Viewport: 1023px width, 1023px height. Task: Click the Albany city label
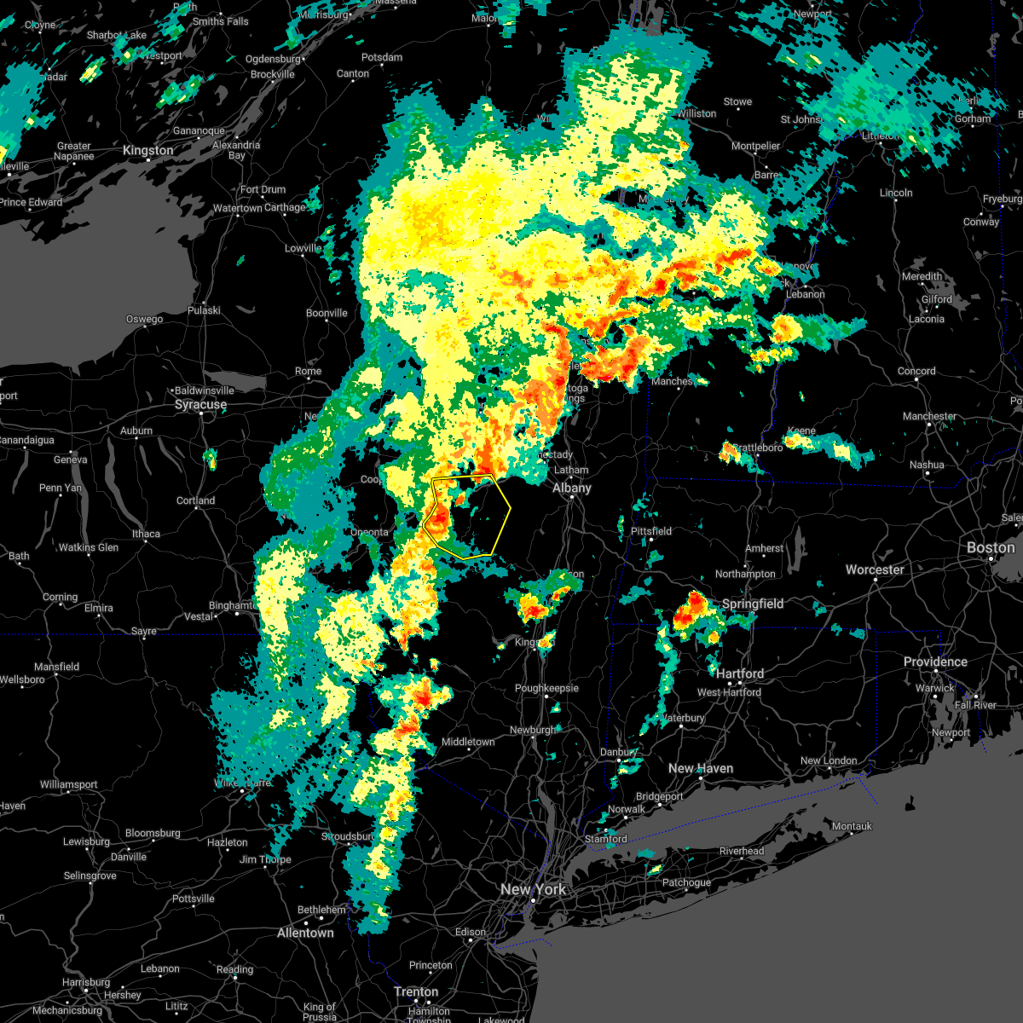click(571, 488)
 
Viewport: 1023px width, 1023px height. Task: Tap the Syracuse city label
click(200, 405)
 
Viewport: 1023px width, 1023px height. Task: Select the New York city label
click(533, 889)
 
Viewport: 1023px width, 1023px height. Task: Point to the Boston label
click(990, 547)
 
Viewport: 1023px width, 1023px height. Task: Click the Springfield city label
click(752, 604)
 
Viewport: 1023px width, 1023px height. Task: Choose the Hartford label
click(740, 673)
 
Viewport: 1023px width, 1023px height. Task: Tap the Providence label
click(935, 662)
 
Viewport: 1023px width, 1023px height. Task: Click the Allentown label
click(305, 933)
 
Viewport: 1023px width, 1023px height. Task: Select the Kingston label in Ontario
click(147, 150)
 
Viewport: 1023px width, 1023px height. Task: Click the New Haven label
click(701, 768)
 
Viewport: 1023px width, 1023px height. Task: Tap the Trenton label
click(416, 992)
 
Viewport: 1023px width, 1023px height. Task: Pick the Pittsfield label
click(650, 531)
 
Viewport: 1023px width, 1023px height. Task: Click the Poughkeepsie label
click(546, 688)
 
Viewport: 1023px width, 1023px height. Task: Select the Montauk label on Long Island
click(852, 826)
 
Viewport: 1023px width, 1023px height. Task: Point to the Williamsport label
click(68, 784)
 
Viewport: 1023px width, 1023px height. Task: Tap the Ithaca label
click(146, 534)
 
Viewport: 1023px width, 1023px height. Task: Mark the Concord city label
click(916, 371)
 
